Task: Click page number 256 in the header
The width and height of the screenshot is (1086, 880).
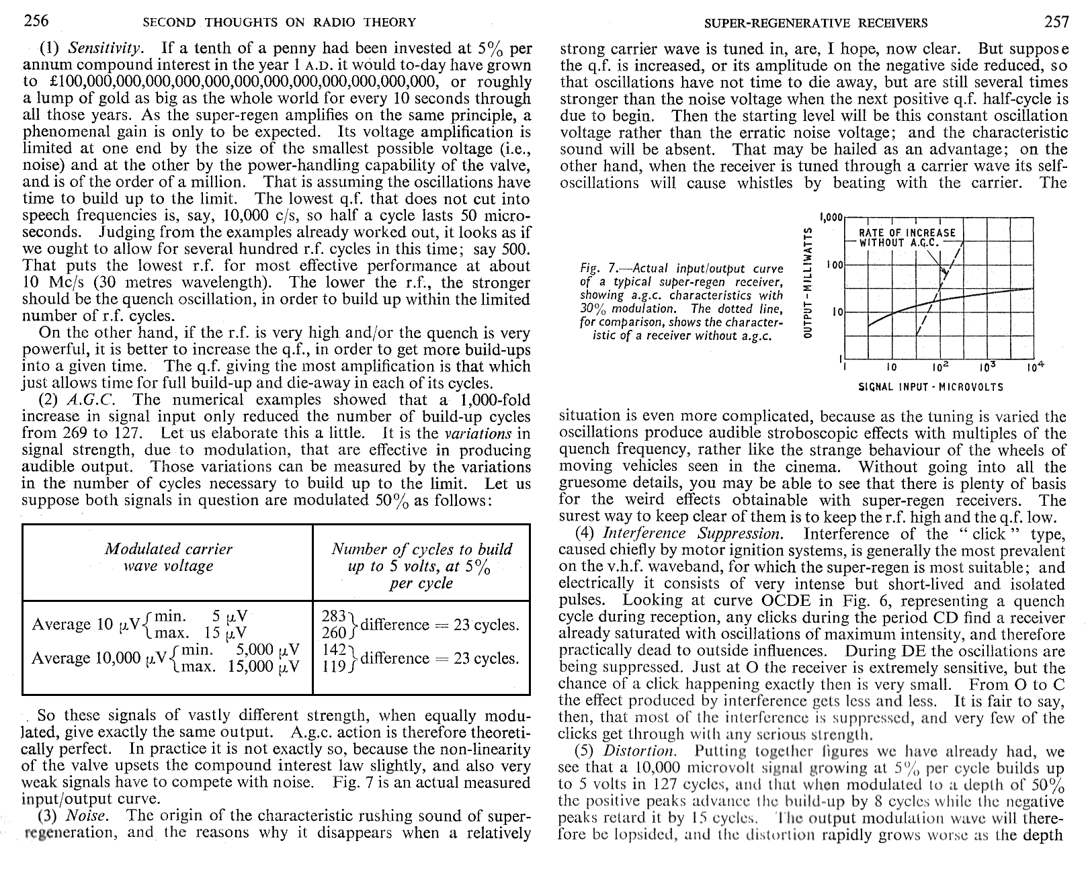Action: tap(36, 21)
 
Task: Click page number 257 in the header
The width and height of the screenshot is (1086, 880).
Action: tap(1056, 22)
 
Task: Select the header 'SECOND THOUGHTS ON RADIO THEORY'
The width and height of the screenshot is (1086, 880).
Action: tap(279, 23)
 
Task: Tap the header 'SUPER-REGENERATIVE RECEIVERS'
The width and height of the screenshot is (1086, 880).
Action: tap(814, 24)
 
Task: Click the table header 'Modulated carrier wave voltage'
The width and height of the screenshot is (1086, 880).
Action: tap(168, 558)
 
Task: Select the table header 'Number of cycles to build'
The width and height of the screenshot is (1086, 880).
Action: tap(421, 549)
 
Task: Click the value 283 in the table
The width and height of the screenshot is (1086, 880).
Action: tap(334, 616)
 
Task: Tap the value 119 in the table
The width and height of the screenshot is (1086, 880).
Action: tap(334, 666)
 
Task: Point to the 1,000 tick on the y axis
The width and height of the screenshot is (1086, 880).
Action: tap(831, 218)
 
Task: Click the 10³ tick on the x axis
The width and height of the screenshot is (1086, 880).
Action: tap(987, 368)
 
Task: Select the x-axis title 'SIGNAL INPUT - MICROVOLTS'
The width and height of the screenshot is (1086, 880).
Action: tap(931, 387)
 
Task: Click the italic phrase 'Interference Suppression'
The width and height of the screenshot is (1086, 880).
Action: tap(692, 534)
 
